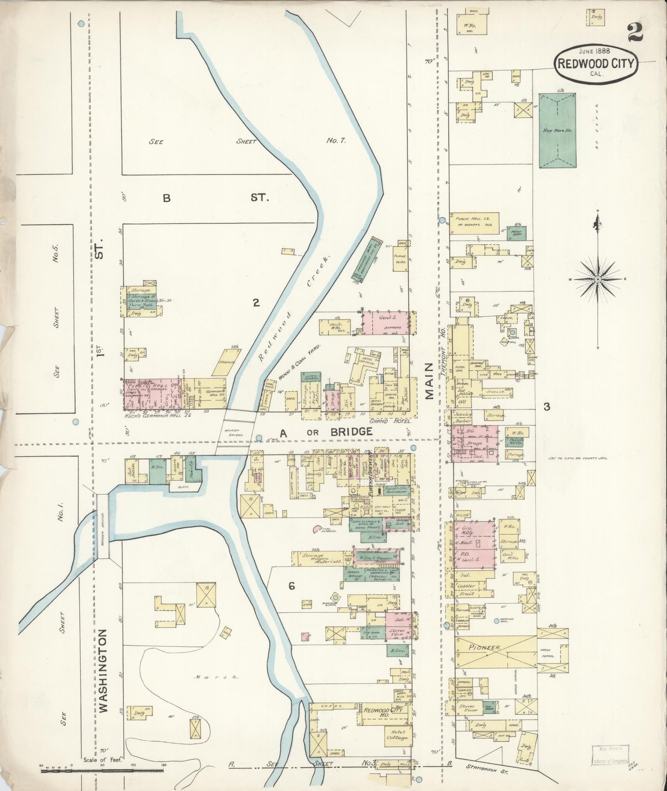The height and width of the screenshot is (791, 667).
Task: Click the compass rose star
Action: [597, 279]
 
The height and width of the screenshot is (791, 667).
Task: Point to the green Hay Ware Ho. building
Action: [558, 131]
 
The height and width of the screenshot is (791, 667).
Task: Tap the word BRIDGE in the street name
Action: [351, 432]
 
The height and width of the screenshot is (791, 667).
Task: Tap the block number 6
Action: [291, 586]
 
